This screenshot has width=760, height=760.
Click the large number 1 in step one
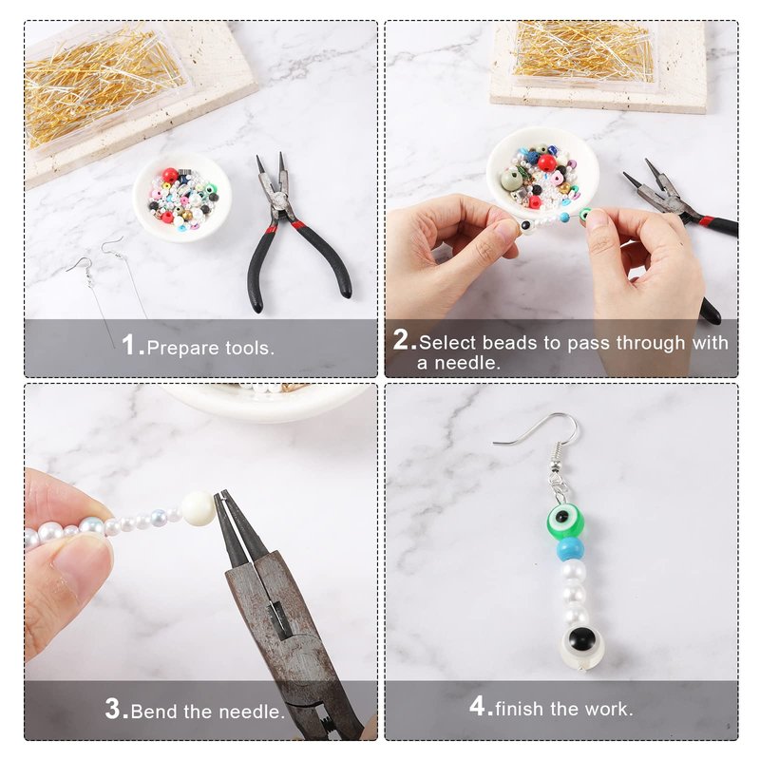[x=127, y=345]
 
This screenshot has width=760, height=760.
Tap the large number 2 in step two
[x=400, y=339]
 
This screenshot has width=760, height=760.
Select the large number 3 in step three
[x=113, y=709]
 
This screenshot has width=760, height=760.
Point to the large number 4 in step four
[x=478, y=706]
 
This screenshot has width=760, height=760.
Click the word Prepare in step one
[x=182, y=348]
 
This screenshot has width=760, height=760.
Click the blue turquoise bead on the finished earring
[x=569, y=549]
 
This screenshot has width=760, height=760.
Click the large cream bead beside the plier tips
[x=198, y=508]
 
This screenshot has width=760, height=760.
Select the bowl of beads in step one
[x=181, y=196]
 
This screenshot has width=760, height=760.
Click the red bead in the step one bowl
[x=170, y=176]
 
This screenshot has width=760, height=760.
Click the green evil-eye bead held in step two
[x=585, y=214]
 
